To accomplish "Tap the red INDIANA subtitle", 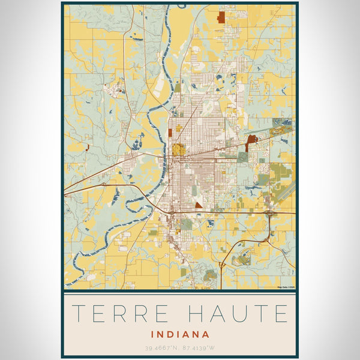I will [180, 334].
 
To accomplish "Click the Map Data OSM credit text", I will [286, 287].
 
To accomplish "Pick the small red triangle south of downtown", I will [199, 205].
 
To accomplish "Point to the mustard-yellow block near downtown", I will [178, 149].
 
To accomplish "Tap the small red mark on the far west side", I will [88, 146].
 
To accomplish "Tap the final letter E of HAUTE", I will [280, 313].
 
